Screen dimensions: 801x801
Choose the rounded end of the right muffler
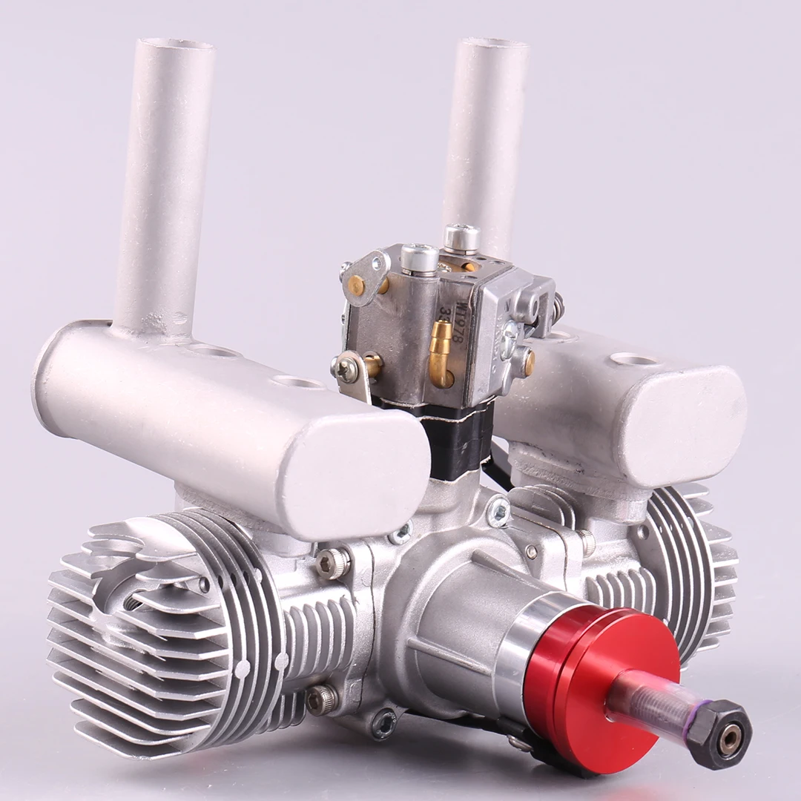coord(682,415)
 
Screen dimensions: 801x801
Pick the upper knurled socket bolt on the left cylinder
coord(332,564)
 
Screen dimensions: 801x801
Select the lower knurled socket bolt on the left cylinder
coord(321,699)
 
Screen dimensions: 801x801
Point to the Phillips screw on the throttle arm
coord(346,369)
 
